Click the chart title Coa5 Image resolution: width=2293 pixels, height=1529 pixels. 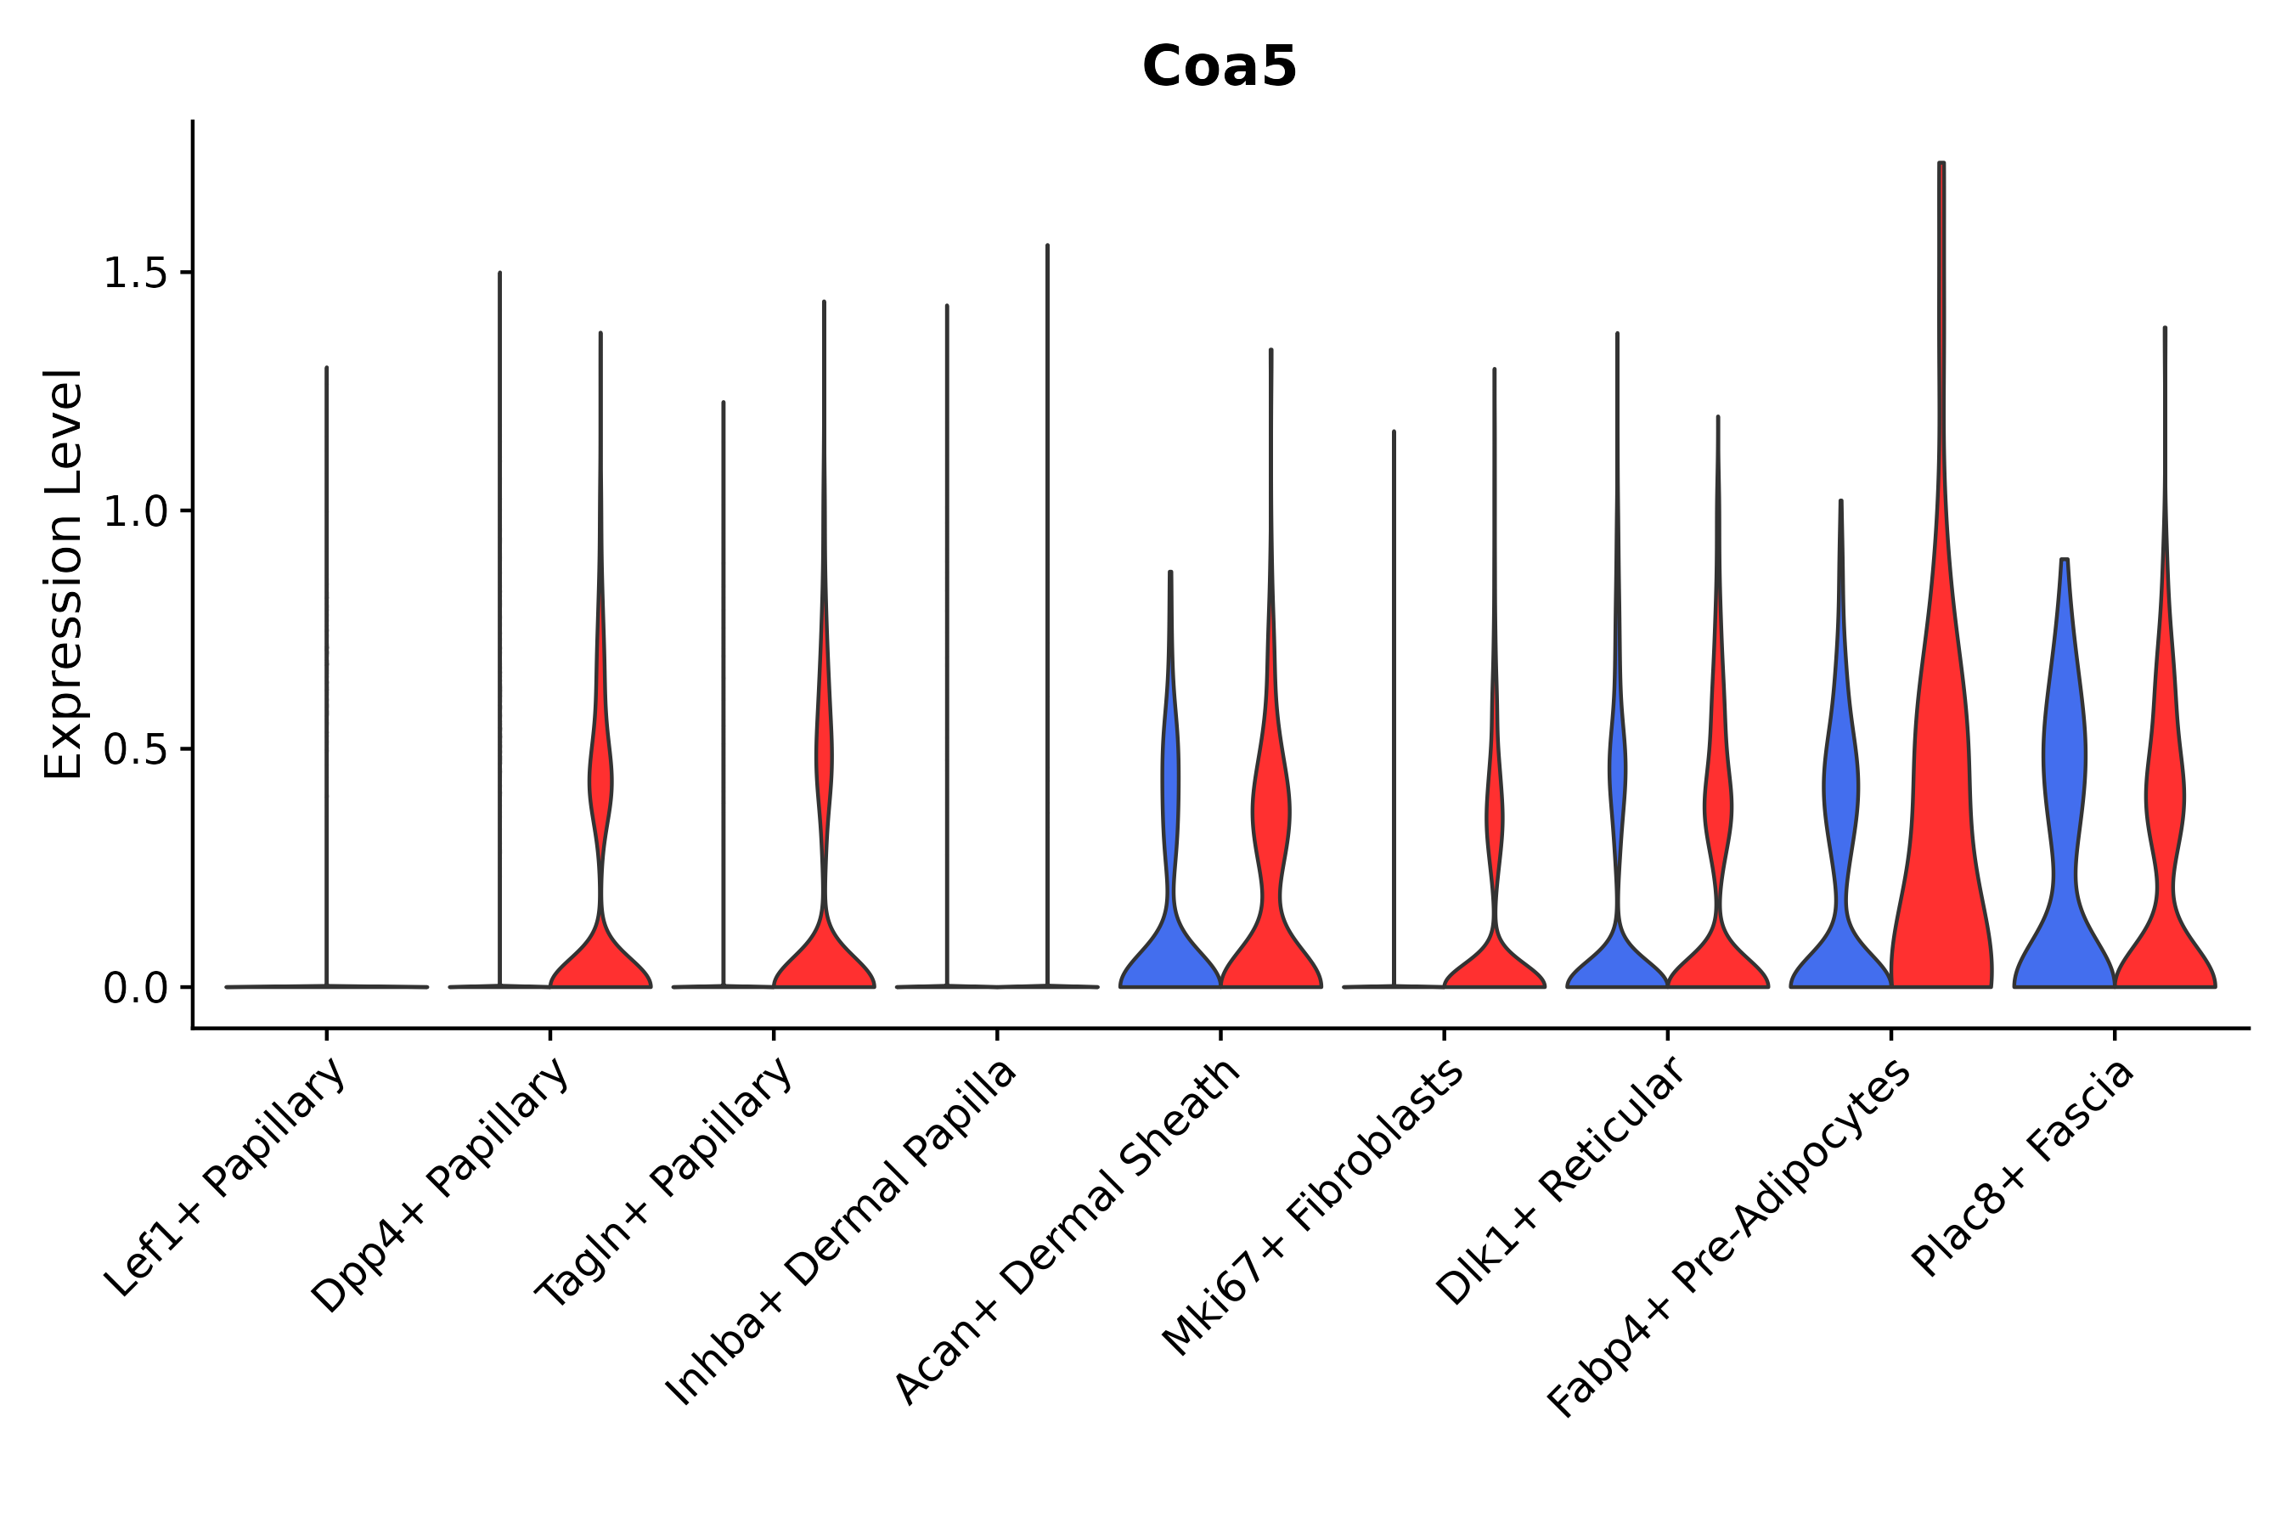point(1219,68)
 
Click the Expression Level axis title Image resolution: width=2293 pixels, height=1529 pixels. point(64,573)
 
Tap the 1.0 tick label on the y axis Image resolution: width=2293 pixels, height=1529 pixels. point(133,512)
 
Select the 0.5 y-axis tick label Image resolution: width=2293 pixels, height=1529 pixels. point(133,750)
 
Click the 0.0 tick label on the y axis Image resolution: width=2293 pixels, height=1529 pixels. point(133,989)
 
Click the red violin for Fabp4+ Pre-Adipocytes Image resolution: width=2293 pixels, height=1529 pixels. point(1940,829)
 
